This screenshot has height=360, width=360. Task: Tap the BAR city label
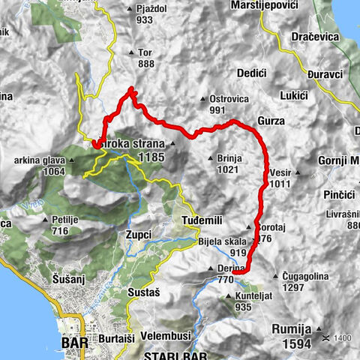coord(74,347)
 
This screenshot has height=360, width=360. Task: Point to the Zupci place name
coord(139,235)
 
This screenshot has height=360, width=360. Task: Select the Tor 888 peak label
coord(145,58)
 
